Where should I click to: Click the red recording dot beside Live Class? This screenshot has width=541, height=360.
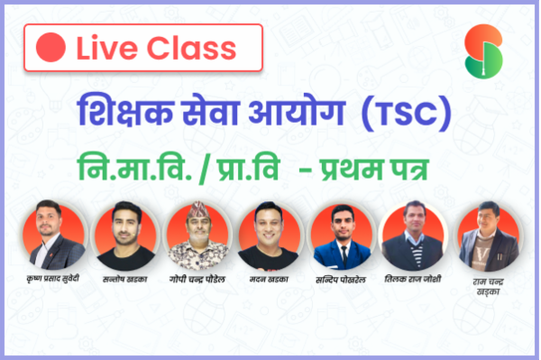[50, 47]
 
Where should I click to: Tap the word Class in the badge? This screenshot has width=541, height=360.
[192, 48]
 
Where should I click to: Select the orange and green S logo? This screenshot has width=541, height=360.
[483, 51]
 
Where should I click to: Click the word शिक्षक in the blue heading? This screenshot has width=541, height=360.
[125, 110]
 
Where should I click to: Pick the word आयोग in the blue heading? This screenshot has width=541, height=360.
[297, 110]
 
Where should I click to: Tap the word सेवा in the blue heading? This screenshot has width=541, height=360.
[210, 110]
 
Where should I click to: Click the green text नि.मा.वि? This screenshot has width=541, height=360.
[134, 168]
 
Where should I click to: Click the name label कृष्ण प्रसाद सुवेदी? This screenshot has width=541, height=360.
[53, 278]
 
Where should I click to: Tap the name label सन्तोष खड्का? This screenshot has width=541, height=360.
[125, 279]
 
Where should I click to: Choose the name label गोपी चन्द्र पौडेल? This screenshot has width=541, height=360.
[197, 279]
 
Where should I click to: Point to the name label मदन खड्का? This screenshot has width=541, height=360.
[269, 279]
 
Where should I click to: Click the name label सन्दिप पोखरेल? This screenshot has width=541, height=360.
[341, 280]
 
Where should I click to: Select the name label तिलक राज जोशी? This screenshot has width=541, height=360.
[413, 279]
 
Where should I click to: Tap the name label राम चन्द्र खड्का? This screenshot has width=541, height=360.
[488, 287]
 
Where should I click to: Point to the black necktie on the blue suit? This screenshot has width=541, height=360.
[344, 256]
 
